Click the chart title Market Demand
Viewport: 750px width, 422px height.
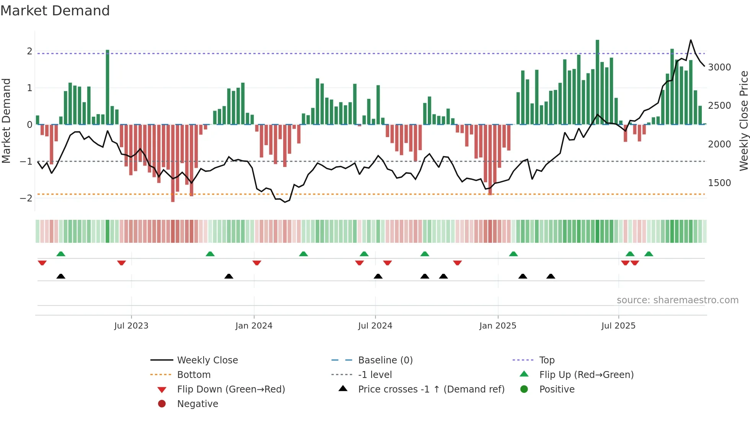coord(55,11)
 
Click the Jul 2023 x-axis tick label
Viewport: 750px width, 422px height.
coord(131,326)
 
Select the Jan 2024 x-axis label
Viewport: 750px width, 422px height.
coord(254,326)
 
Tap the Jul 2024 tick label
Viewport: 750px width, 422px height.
coord(375,326)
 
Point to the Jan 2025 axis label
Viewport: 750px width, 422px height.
coord(497,326)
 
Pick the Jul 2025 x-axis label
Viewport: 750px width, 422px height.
coord(618,326)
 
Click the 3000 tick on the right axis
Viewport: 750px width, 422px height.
coord(719,67)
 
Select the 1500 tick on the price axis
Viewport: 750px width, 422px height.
coord(719,183)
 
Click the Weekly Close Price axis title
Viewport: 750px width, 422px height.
coord(743,121)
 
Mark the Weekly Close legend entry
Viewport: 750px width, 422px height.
coord(207,360)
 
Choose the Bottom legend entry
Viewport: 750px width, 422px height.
coord(194,375)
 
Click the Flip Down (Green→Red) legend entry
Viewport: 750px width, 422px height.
coord(231,389)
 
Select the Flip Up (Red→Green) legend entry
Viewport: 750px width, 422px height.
coord(586,375)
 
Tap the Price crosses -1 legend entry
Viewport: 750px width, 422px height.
coord(431,389)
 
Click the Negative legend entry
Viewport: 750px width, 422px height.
coord(197,404)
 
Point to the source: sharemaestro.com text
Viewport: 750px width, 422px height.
coord(677,300)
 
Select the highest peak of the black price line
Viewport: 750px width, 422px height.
coord(691,40)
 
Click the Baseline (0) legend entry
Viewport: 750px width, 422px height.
coord(385,360)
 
